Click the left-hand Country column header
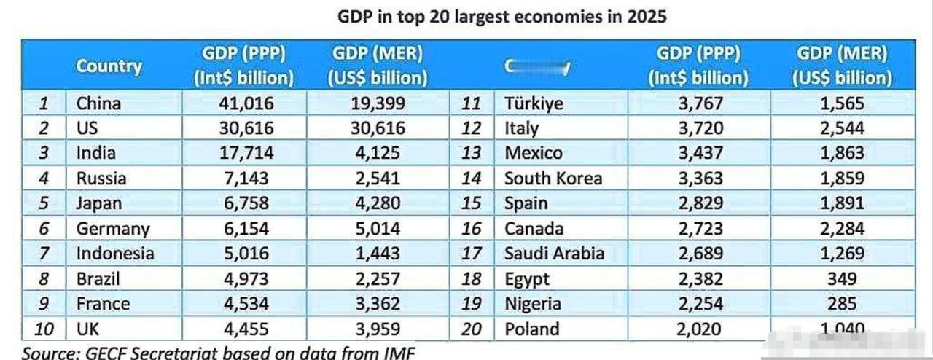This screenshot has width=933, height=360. point(109,66)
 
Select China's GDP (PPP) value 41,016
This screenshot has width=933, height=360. point(246,103)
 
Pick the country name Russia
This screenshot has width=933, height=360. point(101,179)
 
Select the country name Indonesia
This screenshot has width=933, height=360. point(115,254)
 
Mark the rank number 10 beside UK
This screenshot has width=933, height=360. point(44,329)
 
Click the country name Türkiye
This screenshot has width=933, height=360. point(534,103)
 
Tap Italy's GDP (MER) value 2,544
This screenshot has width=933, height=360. point(842,129)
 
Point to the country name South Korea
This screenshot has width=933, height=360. point(553,179)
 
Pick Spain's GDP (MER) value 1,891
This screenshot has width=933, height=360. point(842,203)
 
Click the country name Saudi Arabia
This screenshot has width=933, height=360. point(554,254)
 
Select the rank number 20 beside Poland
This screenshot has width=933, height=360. point(472,329)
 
